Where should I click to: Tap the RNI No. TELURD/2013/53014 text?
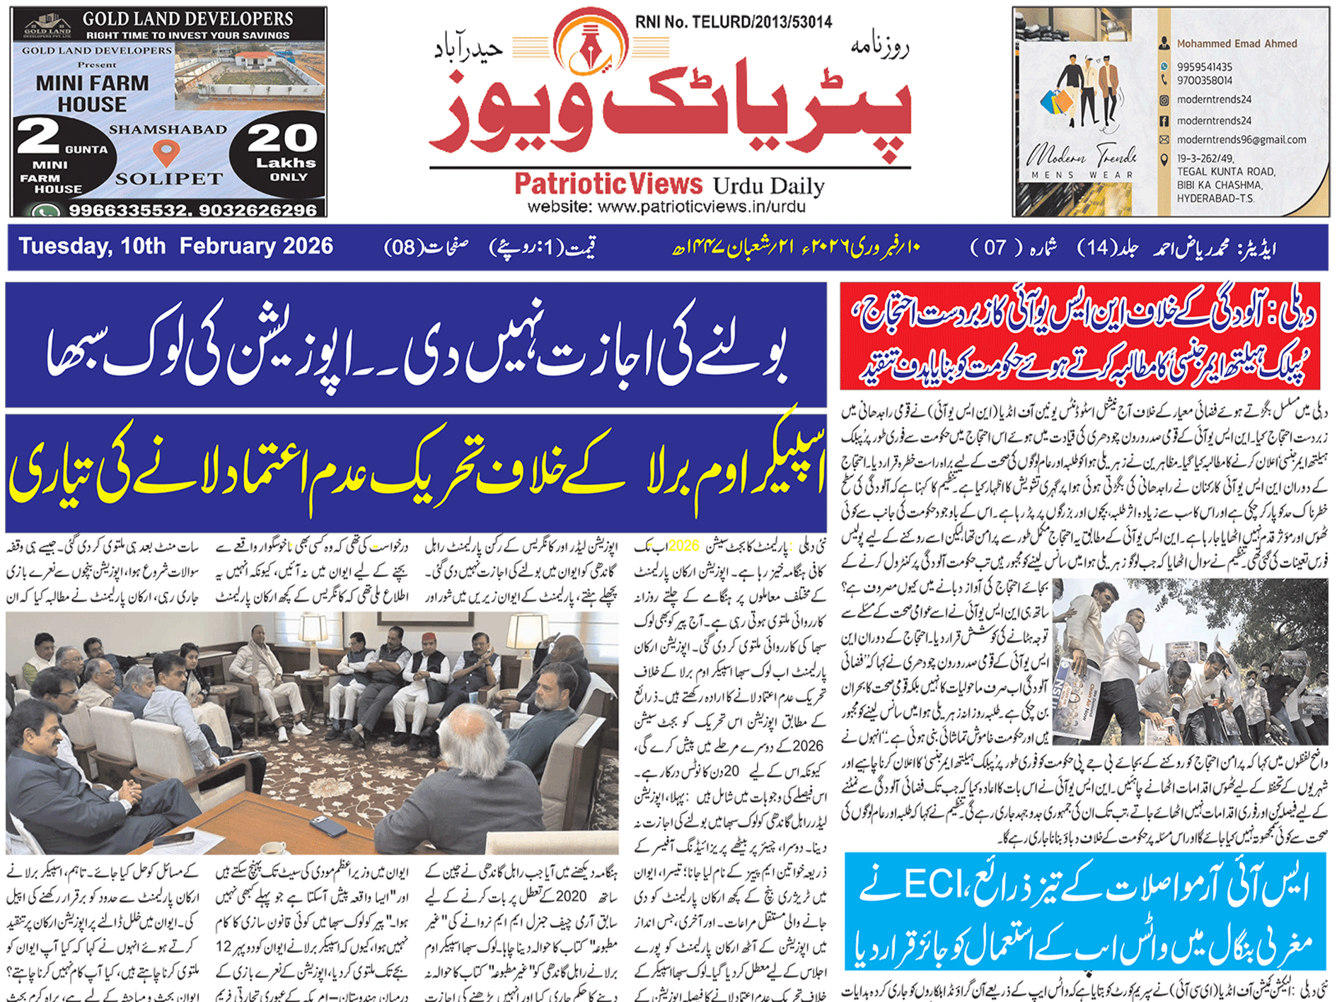[733, 22]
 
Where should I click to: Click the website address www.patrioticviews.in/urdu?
[666, 207]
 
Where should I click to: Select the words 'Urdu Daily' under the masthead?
[768, 186]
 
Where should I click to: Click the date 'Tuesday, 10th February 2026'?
[175, 246]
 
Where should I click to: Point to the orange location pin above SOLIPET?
[166, 151]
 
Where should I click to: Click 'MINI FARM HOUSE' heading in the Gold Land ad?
[92, 93]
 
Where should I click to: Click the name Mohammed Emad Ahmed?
[1237, 44]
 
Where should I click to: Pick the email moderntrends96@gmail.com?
[1241, 140]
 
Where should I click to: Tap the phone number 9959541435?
[1204, 67]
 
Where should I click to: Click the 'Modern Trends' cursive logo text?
[1082, 155]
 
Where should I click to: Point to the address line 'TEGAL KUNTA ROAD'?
[1225, 172]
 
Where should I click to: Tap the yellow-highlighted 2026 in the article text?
[683, 546]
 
